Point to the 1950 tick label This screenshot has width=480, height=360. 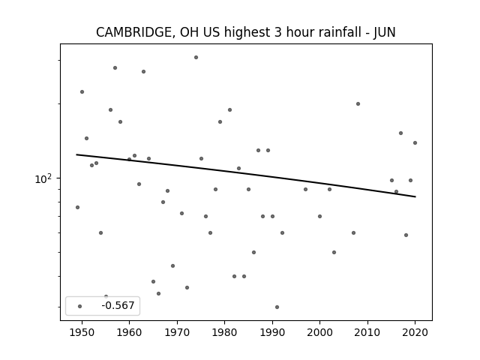click(x=82, y=332)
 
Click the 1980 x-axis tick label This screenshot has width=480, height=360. click(x=225, y=332)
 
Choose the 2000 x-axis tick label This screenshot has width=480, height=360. click(x=320, y=332)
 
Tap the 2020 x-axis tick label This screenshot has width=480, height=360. click(x=415, y=332)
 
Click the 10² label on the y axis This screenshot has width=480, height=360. click(x=43, y=178)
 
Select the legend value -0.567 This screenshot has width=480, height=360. click(x=118, y=305)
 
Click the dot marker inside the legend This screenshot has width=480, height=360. click(x=80, y=306)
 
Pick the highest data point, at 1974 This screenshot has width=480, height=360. click(x=196, y=57)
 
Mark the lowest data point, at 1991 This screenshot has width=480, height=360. click(x=277, y=307)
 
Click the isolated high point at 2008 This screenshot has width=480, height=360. click(x=358, y=103)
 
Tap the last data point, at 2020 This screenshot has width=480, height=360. click(x=415, y=142)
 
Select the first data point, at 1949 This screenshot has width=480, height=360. click(x=77, y=207)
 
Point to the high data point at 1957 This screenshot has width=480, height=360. click(x=115, y=67)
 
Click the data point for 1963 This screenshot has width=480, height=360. click(x=143, y=72)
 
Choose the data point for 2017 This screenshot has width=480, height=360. click(x=400, y=133)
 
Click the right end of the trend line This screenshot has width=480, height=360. click(x=415, y=196)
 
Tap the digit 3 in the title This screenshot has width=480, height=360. click(x=277, y=32)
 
